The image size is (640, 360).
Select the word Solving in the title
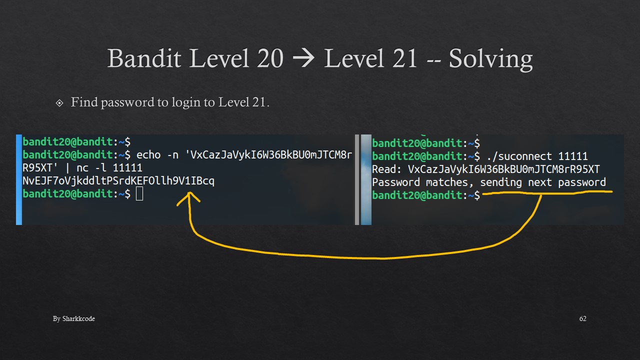pos(490,59)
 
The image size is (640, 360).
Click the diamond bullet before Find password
pos(60,103)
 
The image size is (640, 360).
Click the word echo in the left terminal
pos(148,155)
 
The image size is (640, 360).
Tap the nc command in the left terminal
pos(82,168)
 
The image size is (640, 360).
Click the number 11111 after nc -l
pos(127,168)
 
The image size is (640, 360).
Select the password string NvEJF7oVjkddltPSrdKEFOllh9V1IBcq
pos(118,181)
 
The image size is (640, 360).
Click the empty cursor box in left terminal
pos(139,194)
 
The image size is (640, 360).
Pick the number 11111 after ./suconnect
pos(573,156)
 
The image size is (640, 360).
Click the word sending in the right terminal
pos(501,182)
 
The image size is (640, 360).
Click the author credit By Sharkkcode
pos(74,318)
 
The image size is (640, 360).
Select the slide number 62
pos(582,318)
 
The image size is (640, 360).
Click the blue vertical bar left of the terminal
pos(19,179)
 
